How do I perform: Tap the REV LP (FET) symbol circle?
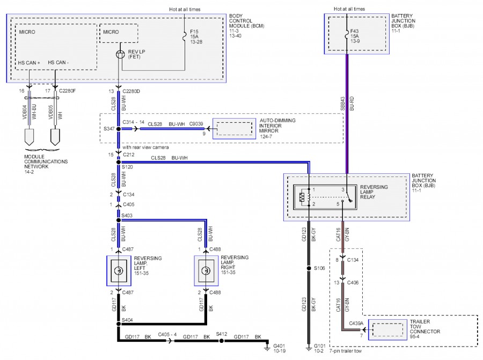tap(120, 55)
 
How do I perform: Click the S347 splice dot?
tap(119, 129)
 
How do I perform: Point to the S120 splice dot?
tap(119, 162)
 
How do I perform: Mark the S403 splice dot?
tap(119, 220)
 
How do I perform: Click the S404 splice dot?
tap(119, 324)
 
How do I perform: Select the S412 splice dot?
tap(221, 341)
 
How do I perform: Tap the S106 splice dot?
tap(309, 268)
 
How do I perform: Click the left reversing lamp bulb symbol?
tap(119, 271)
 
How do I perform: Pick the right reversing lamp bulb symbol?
tap(206, 271)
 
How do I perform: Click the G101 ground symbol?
tap(309, 348)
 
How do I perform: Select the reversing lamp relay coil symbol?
tap(302, 197)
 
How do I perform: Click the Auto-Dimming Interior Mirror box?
tap(234, 129)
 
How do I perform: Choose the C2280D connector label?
tap(131, 91)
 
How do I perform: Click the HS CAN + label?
tap(29, 63)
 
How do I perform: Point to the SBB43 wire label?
tap(342, 104)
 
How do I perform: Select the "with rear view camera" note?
tap(145, 148)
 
